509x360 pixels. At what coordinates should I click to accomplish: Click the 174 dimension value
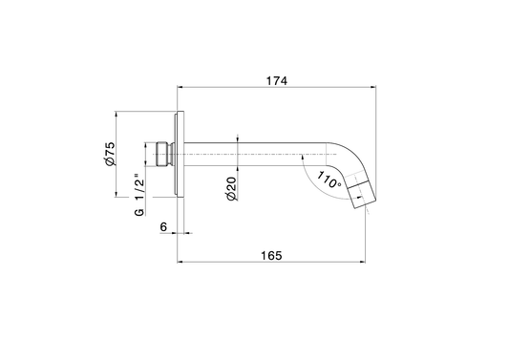(x=277, y=80)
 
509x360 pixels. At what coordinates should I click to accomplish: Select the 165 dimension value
(x=272, y=256)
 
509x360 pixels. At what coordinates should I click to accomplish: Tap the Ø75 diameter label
(x=110, y=154)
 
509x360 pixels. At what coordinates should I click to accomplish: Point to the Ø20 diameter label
(x=231, y=189)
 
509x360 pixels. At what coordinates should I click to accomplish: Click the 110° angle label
(x=329, y=180)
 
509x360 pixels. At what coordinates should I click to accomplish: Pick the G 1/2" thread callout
(x=139, y=195)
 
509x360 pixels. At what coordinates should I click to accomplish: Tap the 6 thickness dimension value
(x=163, y=227)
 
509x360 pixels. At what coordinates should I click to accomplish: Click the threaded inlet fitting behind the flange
(x=165, y=154)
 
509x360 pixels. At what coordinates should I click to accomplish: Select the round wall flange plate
(x=180, y=154)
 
